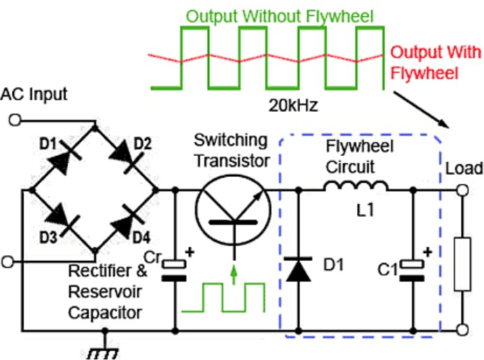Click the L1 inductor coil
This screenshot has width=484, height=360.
point(355,187)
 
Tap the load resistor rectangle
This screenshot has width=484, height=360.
point(462,264)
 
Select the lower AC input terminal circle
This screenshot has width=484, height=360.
point(8,261)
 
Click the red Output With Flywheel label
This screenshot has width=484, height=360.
point(435,62)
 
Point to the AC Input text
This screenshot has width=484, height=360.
point(35,94)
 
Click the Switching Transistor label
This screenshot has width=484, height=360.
point(231,150)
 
